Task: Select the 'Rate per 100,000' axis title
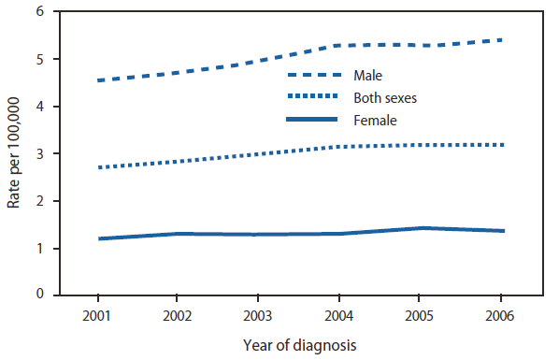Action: point(16,154)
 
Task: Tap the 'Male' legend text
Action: point(369,74)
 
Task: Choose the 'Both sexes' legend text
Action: point(384,96)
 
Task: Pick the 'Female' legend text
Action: point(375,120)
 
